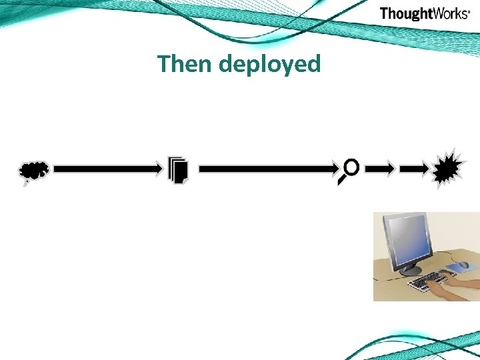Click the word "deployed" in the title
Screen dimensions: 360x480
coord(269,65)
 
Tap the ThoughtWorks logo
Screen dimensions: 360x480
coord(425,13)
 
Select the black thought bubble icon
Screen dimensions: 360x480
coord(33,172)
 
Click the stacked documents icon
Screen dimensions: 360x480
coord(179,170)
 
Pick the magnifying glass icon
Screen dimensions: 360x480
coord(349,171)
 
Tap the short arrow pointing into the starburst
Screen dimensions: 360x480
coord(415,170)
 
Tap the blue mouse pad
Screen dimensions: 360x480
coord(459,269)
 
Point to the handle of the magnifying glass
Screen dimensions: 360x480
coord(342,179)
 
